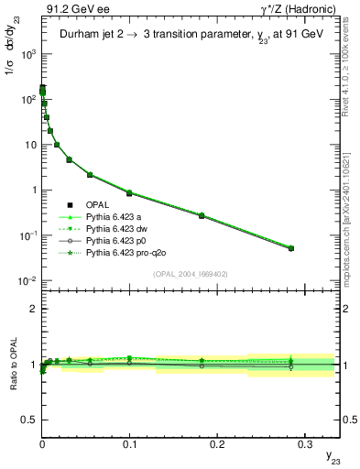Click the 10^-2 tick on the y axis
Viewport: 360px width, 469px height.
27,280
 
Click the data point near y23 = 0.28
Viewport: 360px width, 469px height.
291,248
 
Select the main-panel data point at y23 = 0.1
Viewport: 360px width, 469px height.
129,193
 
